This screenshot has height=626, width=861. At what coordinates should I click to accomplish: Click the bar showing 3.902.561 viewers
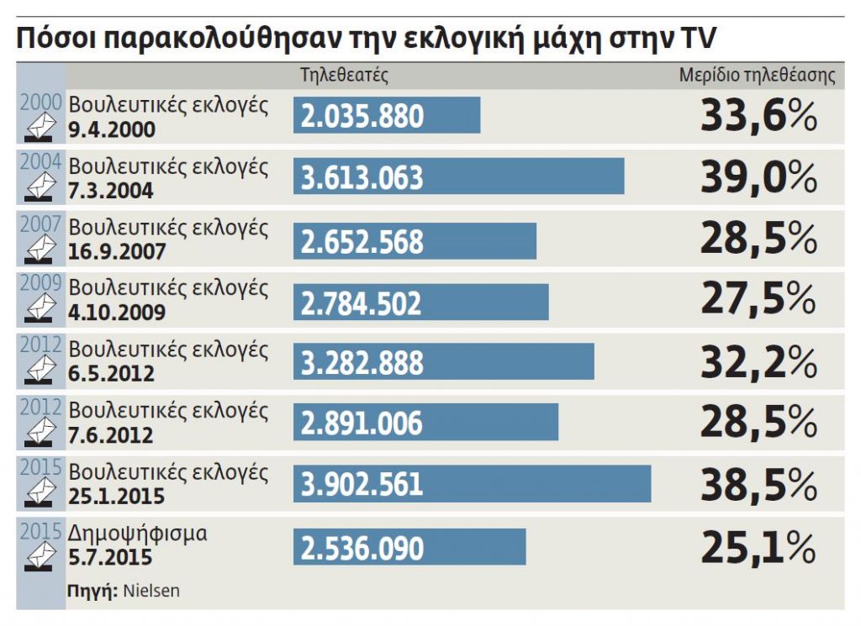[472, 484]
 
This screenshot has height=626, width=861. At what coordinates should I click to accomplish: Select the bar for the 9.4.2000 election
[387, 115]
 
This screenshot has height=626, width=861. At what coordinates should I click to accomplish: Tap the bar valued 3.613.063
[458, 176]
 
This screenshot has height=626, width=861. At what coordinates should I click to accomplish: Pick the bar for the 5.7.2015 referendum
[409, 547]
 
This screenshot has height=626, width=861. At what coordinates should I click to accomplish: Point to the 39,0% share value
[758, 177]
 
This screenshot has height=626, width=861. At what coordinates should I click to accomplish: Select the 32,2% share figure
[758, 362]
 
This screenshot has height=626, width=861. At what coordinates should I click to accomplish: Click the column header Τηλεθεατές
[344, 75]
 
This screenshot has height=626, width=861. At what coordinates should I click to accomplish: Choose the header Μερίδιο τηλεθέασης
[757, 75]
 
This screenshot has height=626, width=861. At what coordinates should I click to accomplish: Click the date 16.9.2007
[117, 251]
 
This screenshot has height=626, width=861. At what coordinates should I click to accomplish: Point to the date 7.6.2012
[111, 435]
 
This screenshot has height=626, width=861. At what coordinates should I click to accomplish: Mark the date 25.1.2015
[117, 497]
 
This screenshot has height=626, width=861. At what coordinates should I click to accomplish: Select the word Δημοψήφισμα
[137, 533]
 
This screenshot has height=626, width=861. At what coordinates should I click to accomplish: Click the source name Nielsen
[151, 591]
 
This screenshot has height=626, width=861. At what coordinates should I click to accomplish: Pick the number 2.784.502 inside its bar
[362, 303]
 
